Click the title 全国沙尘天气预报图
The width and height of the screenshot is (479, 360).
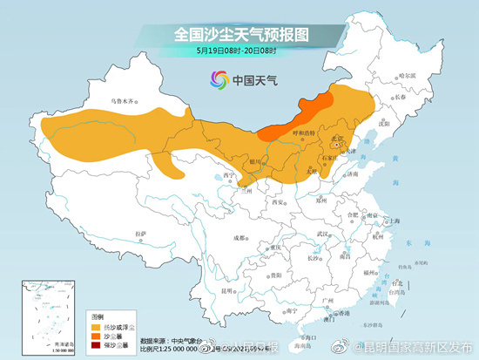click(243, 33)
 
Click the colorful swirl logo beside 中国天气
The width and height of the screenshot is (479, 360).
click(216, 80)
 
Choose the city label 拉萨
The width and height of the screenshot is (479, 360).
click(140, 235)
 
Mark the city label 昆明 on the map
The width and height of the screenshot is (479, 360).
click(228, 289)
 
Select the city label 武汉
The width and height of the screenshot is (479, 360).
click(324, 234)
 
